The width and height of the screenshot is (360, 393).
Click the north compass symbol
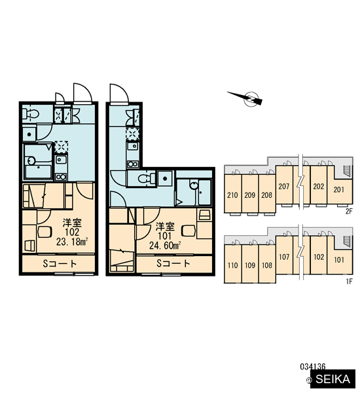point(245,98)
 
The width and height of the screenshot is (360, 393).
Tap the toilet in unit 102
point(31,114)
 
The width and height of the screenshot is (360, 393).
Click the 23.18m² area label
point(72,242)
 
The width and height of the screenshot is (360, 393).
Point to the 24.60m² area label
point(165,246)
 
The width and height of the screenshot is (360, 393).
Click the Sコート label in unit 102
point(60,264)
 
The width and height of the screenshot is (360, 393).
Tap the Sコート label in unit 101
point(173,263)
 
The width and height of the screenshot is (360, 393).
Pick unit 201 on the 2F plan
point(339,189)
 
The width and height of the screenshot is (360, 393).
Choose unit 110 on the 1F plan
point(233,264)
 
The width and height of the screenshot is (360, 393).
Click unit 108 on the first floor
point(267,264)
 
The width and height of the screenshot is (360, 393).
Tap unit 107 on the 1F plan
point(284,255)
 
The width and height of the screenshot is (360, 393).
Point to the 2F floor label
point(349,212)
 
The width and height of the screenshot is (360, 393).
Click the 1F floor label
point(349,282)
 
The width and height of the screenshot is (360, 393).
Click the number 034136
point(313,367)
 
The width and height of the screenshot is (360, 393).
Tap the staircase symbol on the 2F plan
point(346,171)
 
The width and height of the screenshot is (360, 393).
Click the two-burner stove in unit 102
point(61,177)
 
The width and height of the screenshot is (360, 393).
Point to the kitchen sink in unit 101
point(132,146)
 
